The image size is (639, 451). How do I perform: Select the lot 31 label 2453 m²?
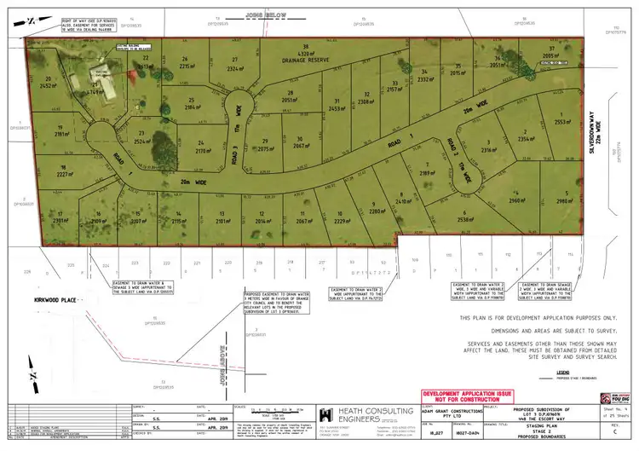coord(335,106)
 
